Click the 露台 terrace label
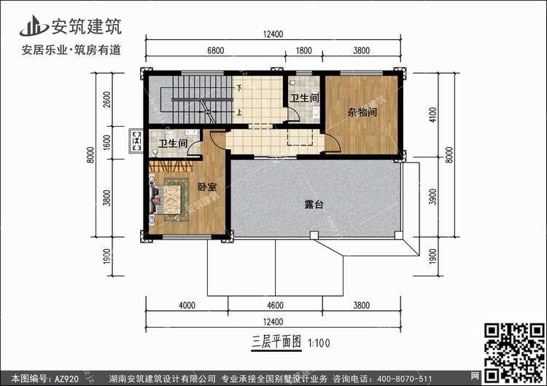coord(314,205)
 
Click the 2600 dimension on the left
coord(106,99)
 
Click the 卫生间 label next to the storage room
coord(304,98)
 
